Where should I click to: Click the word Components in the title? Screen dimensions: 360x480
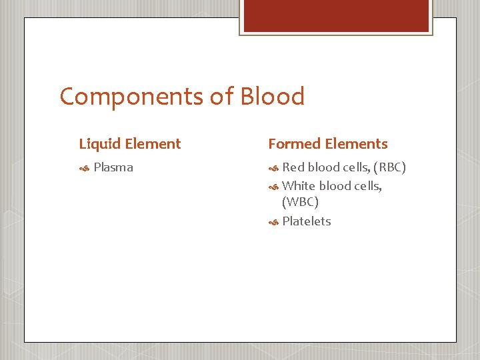tap(131, 97)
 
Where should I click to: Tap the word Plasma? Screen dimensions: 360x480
tap(113, 167)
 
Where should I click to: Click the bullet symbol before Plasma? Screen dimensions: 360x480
tap(84, 168)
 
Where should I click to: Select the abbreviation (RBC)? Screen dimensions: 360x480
tap(389, 167)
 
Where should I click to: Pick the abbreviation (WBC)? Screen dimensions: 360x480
tap(300, 201)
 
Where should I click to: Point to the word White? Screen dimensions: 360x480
tap(299, 186)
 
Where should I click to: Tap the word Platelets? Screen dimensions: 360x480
tap(306, 221)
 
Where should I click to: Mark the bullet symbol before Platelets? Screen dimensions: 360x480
tap(273, 222)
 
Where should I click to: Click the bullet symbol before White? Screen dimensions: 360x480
tap(273, 187)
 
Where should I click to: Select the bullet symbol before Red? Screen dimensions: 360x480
tap(273, 168)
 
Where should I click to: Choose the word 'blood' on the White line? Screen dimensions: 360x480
tap(336, 186)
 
